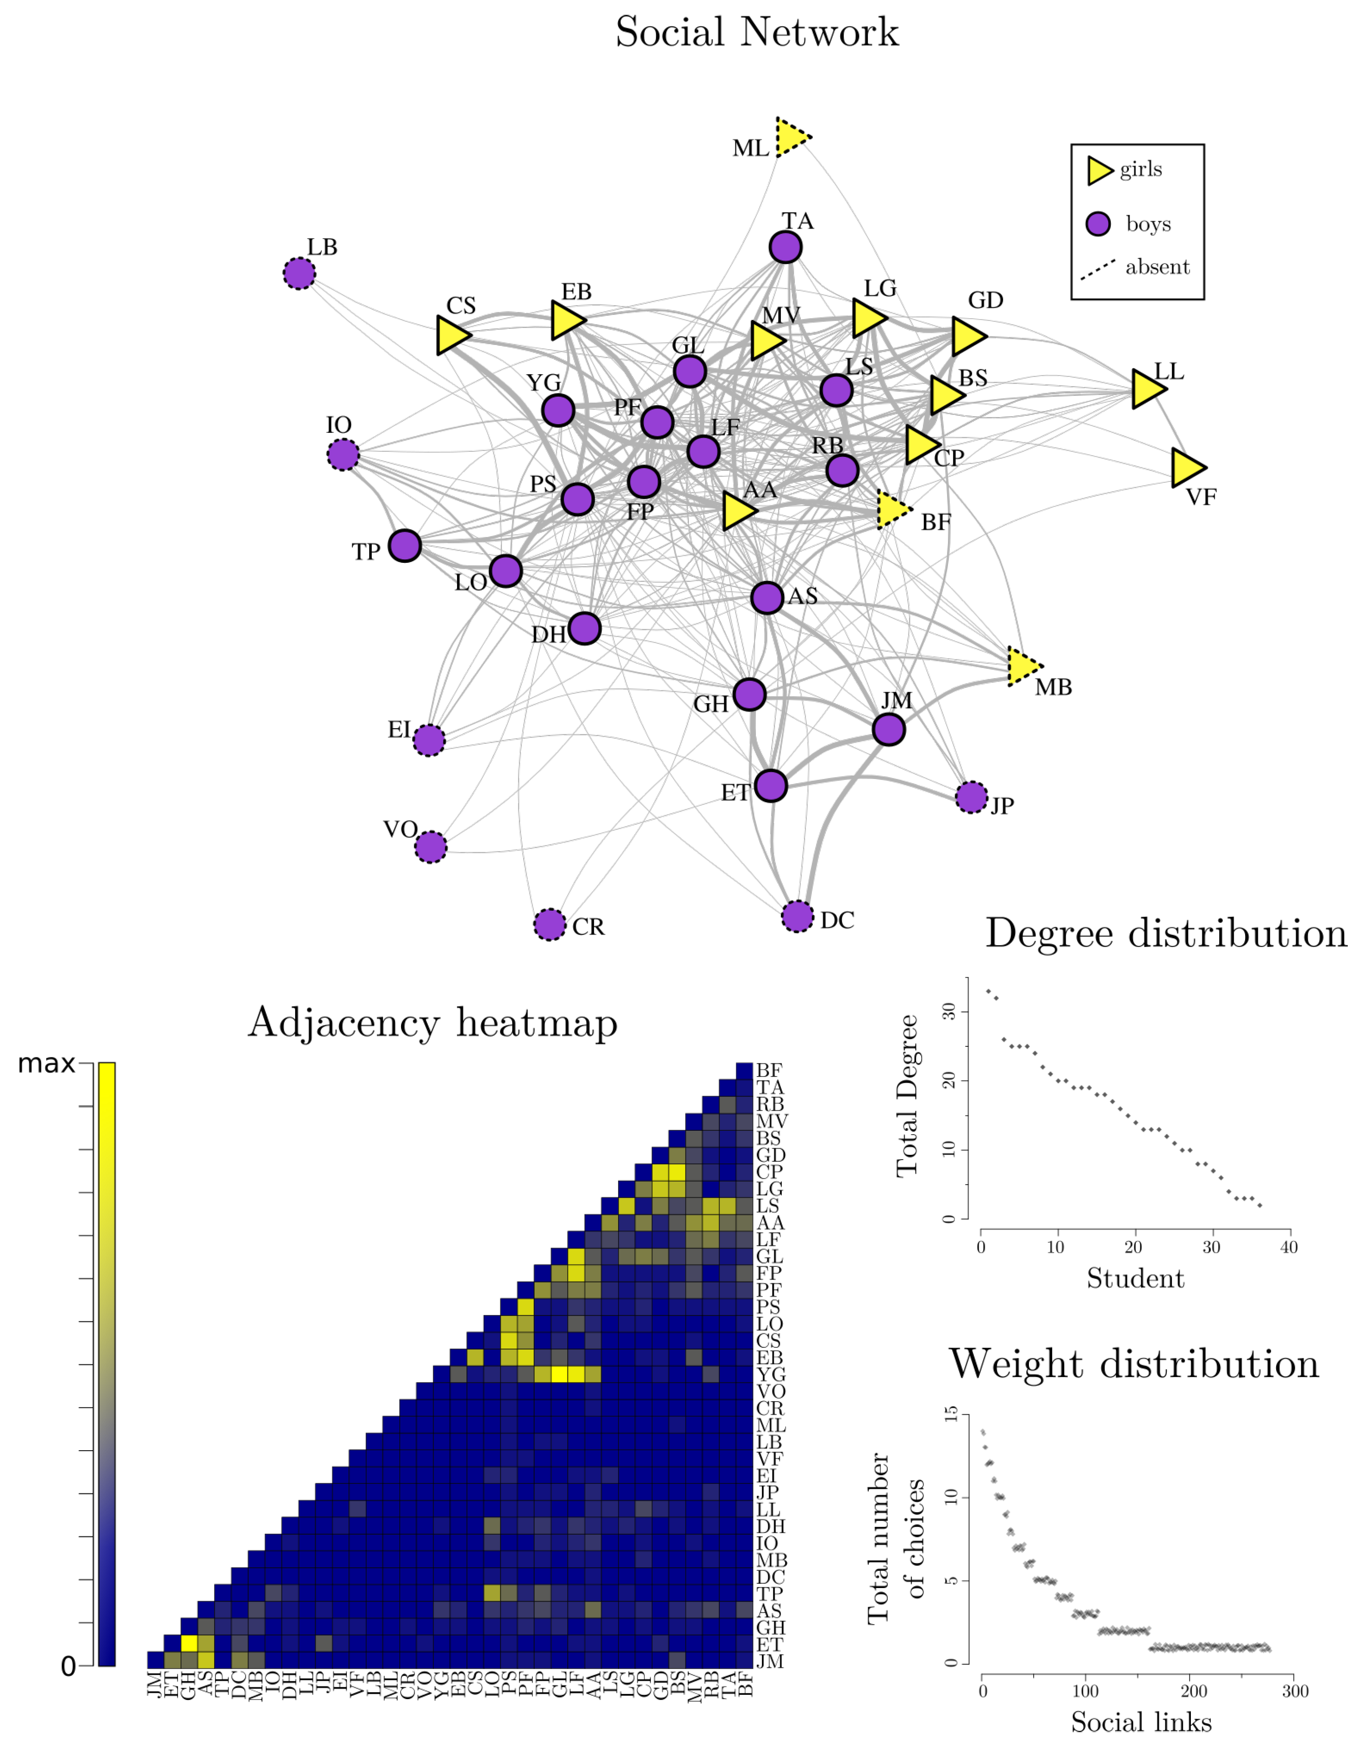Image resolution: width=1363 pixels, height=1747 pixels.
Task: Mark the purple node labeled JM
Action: [x=889, y=729]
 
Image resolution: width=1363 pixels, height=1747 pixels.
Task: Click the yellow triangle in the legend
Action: [x=1099, y=170]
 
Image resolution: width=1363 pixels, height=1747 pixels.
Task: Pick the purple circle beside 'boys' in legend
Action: [x=1098, y=224]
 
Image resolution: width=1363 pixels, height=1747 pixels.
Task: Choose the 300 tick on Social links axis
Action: [x=1295, y=1691]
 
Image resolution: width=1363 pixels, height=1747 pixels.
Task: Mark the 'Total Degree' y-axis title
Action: [x=907, y=1096]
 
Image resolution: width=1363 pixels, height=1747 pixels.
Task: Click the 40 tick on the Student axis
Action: [x=1288, y=1247]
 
